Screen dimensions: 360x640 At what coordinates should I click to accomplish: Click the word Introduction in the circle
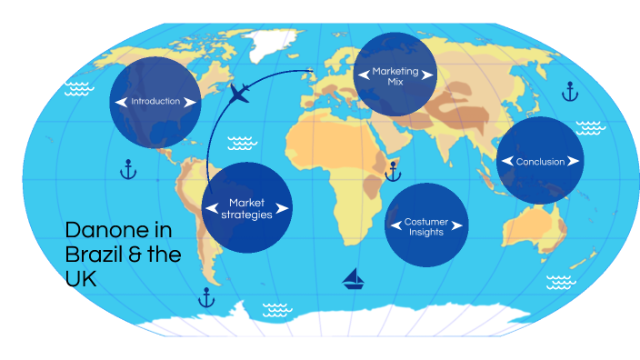coord(155,102)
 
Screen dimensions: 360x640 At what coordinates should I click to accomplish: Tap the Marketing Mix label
coord(394,75)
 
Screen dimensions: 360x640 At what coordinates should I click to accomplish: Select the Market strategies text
coord(245,208)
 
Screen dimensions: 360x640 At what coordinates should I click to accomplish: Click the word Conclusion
coord(540,162)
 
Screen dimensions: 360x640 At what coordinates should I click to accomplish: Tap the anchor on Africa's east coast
coord(393,171)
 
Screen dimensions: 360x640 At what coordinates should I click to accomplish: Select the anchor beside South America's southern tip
coord(206,296)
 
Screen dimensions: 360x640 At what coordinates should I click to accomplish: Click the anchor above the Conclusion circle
coord(570,91)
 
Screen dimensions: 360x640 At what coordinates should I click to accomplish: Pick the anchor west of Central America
coord(127,169)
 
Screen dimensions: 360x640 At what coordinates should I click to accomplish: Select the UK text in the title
coord(81,280)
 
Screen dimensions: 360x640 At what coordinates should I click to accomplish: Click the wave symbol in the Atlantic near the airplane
coord(241,142)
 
